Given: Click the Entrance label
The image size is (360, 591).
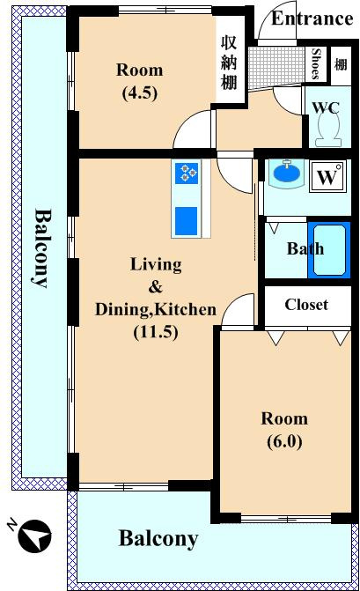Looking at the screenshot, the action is [x=312, y=18].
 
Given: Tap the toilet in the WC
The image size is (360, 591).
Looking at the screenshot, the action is [x=328, y=130].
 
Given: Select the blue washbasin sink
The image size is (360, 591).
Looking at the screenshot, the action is [x=287, y=173].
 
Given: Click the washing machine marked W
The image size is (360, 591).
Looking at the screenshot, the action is [x=327, y=177].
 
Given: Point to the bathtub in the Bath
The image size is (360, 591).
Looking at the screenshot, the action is [x=329, y=249].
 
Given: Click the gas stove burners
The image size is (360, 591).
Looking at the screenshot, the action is [x=187, y=173].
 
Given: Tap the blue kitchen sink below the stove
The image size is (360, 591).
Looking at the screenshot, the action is [x=186, y=220].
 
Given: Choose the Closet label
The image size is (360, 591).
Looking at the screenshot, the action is [x=306, y=305].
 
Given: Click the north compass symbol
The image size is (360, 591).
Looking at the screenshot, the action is [x=35, y=536].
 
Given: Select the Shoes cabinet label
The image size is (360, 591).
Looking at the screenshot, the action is [x=317, y=64].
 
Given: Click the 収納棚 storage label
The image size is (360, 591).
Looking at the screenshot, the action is [x=228, y=63].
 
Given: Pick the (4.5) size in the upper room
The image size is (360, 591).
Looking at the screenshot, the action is [x=140, y=92].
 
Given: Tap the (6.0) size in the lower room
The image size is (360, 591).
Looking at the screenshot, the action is [x=284, y=441].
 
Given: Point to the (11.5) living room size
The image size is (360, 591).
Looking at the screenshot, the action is [x=156, y=332].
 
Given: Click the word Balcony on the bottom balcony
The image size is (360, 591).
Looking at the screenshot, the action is [x=158, y=539].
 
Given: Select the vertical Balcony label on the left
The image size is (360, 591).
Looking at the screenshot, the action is [x=41, y=247].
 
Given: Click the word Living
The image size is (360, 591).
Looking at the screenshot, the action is [x=156, y=265].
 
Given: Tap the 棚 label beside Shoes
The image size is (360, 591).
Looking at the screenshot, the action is [x=341, y=65].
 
